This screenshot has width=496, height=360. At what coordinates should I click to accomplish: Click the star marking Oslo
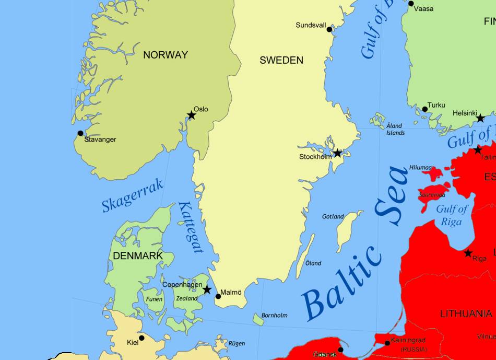192,115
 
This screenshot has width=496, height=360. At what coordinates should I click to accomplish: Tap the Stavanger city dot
80,133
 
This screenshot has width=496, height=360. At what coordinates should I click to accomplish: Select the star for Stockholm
338,153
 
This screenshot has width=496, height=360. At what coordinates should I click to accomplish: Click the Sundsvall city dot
329,29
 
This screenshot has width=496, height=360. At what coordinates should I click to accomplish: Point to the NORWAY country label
165,55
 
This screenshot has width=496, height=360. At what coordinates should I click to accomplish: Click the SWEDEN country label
281,60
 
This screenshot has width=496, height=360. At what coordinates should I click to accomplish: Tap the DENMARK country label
138,256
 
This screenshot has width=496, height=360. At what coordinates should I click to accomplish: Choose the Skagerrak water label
133,196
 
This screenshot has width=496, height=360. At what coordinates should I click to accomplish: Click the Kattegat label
191,227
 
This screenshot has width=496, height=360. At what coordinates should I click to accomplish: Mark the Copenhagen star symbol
207,289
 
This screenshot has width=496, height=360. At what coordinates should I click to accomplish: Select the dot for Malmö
218,296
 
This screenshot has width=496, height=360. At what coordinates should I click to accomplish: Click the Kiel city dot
141,338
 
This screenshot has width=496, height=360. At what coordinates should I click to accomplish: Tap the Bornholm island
258,319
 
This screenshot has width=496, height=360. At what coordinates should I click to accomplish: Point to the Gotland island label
333,216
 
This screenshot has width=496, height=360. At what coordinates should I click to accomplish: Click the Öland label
313,263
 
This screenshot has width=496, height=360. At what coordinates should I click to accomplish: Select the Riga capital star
468,253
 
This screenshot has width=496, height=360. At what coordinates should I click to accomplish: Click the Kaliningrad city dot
387,343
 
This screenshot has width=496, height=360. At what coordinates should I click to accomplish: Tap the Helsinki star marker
480,119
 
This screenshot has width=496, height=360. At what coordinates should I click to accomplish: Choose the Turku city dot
425,109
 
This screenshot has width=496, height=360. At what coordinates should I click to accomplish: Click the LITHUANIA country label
466,313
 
